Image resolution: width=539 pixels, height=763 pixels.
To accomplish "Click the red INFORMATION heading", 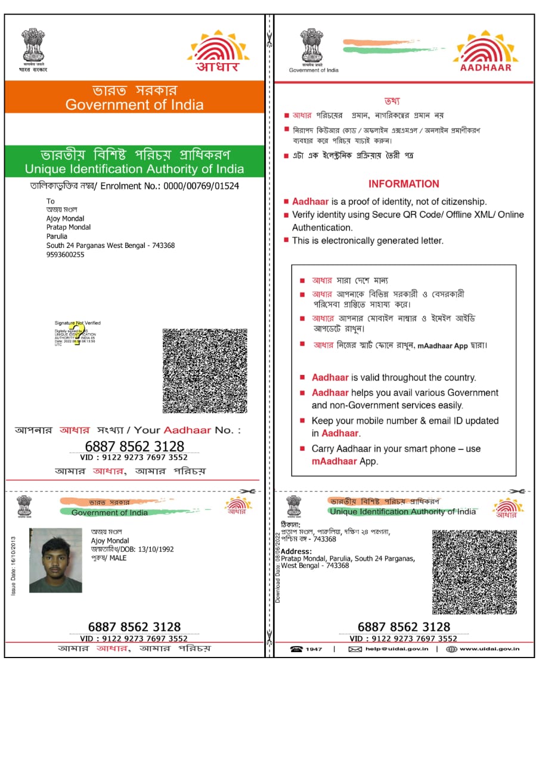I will click(x=404, y=184).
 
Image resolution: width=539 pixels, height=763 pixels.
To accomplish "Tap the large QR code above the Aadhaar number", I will click(x=205, y=370).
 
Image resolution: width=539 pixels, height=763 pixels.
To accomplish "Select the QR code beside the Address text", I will click(x=474, y=572).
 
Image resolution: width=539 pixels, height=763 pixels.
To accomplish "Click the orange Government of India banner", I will click(x=134, y=97).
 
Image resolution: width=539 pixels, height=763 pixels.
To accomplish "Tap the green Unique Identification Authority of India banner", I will click(x=134, y=162).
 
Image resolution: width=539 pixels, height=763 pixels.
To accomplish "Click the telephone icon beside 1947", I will click(x=296, y=649).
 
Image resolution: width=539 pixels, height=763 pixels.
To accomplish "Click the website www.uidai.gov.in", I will click(x=489, y=649).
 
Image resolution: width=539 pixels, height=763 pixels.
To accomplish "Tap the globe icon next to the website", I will click(x=451, y=649).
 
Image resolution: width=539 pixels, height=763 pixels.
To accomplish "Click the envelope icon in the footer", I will click(x=355, y=649).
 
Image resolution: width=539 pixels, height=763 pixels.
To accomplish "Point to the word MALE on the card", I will click(x=118, y=558).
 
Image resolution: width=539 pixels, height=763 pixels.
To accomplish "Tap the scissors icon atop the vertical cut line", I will click(x=269, y=41).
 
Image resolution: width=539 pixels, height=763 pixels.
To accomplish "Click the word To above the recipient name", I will click(x=51, y=201).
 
